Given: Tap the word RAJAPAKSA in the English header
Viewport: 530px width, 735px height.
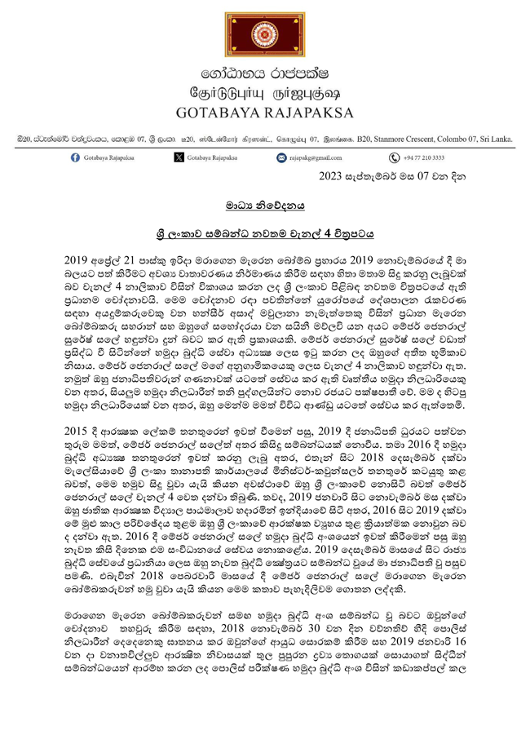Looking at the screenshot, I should [313, 112].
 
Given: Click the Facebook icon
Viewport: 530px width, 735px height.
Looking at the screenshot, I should [75, 157].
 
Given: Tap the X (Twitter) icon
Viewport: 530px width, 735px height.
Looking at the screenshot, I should [179, 157].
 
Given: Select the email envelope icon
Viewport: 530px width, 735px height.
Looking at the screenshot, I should [282, 157].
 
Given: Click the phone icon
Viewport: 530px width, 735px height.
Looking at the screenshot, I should [392, 157].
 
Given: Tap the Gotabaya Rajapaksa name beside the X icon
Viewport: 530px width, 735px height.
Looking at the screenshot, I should [213, 157].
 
